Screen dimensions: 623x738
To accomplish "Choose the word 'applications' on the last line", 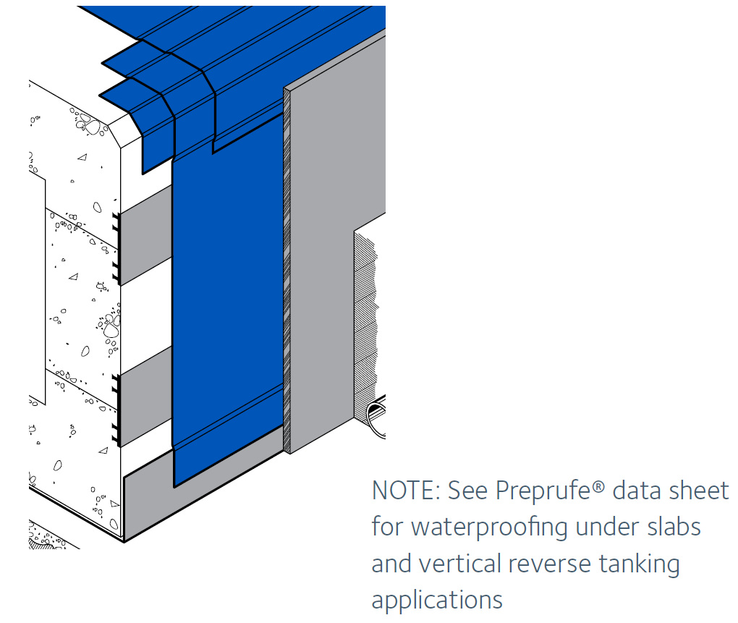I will [436, 600].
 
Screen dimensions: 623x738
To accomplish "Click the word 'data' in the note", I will [635, 491].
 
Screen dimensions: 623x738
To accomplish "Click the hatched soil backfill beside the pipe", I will [365, 326].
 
